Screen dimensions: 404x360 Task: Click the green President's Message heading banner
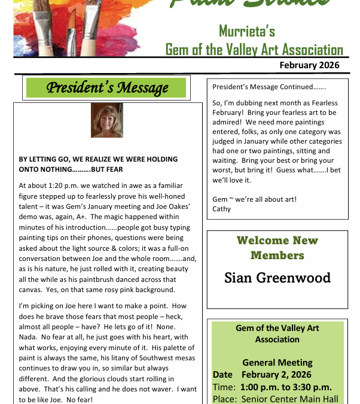click(106, 89)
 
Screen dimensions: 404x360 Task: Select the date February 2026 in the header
click(309, 65)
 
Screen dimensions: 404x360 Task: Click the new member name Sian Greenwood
click(277, 278)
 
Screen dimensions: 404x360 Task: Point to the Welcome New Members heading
click(277, 248)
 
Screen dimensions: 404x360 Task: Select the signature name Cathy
click(222, 209)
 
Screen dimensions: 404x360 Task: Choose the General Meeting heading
click(277, 363)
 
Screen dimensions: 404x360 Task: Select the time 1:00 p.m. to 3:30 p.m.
click(285, 387)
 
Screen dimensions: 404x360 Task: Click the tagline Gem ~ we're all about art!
click(254, 199)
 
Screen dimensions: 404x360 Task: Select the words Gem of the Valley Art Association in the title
click(254, 50)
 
